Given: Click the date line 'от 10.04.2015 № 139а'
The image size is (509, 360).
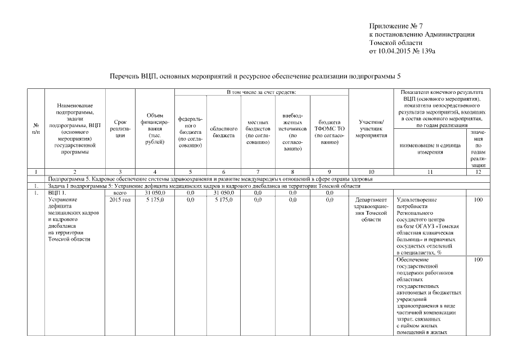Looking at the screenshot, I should coord(402,51).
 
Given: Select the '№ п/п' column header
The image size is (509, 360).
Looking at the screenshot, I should coord(36,128).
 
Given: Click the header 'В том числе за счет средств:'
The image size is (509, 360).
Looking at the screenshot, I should coord(261,91).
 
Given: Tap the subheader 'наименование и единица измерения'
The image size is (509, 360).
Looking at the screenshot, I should coord(430,148).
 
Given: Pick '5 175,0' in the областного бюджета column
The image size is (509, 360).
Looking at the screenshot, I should coord(223,199).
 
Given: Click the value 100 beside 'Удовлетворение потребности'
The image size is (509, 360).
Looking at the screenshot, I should coord(478,199).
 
